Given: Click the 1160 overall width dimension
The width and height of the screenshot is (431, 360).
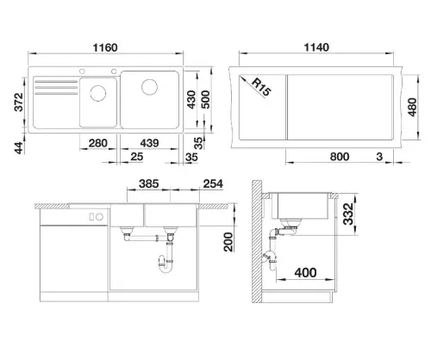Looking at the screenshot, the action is [x=105, y=47].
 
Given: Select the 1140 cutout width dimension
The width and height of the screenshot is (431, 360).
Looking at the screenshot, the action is [x=316, y=47].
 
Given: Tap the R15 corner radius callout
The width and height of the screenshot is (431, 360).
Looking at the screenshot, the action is [x=261, y=87].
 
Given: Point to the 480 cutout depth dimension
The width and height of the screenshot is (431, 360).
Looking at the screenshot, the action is [x=412, y=107].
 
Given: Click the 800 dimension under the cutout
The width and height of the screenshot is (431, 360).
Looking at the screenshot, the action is [x=340, y=157].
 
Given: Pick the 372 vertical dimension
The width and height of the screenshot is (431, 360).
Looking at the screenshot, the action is [x=19, y=102].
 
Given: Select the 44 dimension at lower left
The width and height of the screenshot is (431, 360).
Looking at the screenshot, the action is [x=19, y=148].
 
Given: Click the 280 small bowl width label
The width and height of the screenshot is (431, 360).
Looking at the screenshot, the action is [x=98, y=143].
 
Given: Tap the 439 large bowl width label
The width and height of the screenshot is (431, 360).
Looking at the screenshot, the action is [x=149, y=143].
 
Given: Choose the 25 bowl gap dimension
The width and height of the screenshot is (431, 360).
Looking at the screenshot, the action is [x=137, y=157].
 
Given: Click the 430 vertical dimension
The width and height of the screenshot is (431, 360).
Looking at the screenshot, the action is [x=191, y=100].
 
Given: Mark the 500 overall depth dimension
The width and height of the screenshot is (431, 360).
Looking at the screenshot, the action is [x=205, y=100].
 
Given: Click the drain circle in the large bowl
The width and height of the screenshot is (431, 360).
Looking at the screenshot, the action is [x=149, y=87].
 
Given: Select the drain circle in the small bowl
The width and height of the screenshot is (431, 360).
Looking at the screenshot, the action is [x=98, y=93].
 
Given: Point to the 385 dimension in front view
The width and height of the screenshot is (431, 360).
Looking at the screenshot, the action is [x=148, y=183].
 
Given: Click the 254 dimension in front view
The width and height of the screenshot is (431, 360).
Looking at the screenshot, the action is [x=213, y=183].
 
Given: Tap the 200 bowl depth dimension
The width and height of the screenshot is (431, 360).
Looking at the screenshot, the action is [x=228, y=242].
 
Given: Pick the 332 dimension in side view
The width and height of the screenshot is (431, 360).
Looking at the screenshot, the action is [x=348, y=214].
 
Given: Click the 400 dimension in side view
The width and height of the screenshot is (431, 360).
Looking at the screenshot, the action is [x=305, y=272].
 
